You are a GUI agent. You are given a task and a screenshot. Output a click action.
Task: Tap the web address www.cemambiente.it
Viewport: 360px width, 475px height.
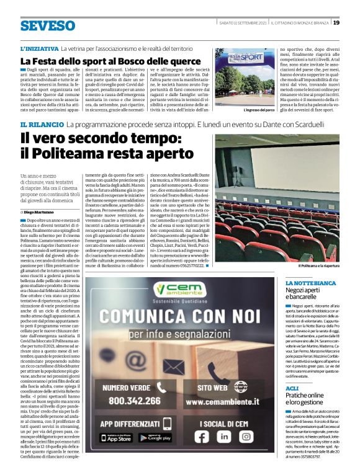click(220, 401)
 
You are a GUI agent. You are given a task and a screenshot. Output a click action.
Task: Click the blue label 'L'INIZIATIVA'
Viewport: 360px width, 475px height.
click(40, 48)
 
